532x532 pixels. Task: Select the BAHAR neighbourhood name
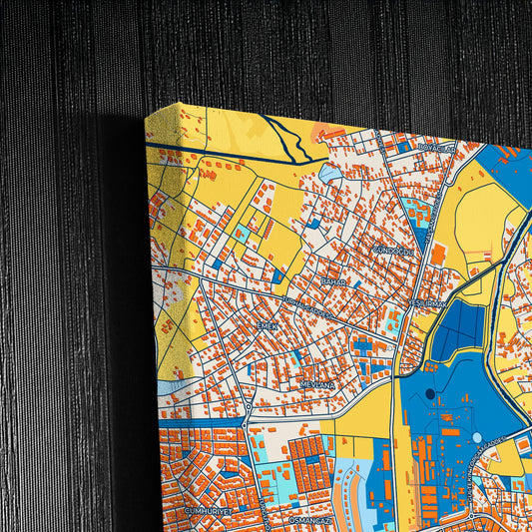point(332,282)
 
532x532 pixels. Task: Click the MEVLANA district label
point(316,382)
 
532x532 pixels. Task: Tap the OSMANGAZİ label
point(307,520)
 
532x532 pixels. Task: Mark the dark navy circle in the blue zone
point(430,393)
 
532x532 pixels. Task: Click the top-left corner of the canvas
point(146,114)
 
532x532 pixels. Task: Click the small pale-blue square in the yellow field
point(242,232)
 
